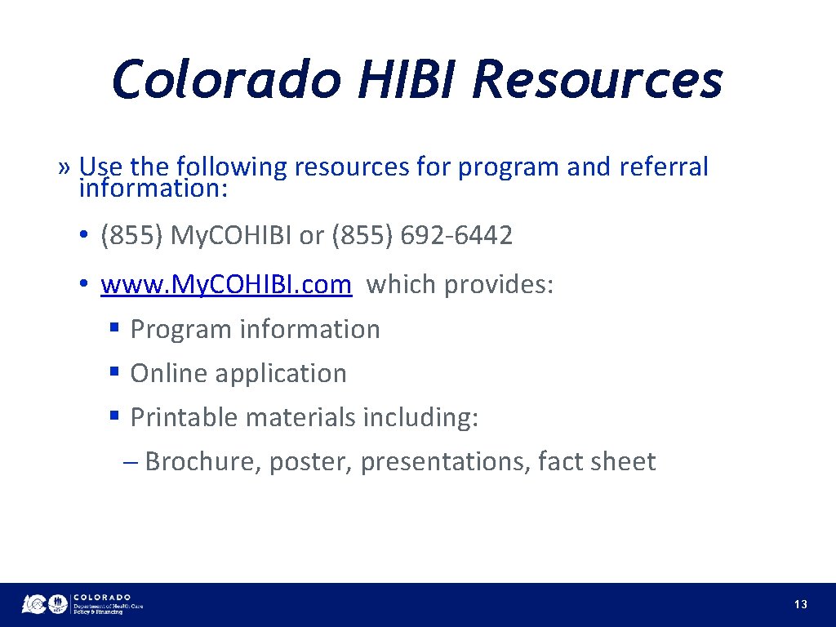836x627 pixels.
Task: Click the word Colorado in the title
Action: pyautogui.click(x=226, y=80)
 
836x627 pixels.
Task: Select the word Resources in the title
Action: pyautogui.click(x=597, y=80)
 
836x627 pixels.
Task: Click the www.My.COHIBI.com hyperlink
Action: pyautogui.click(x=226, y=285)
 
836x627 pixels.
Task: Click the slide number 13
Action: pyautogui.click(x=800, y=604)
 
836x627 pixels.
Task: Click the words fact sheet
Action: pyautogui.click(x=597, y=461)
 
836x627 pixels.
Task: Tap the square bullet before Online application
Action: pyautogui.click(x=115, y=372)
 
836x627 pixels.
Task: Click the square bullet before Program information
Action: pyautogui.click(x=115, y=328)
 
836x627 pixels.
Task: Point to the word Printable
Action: pyautogui.click(x=184, y=417)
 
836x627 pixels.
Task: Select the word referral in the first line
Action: pyautogui.click(x=664, y=167)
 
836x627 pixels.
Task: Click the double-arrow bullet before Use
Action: pyautogui.click(x=65, y=168)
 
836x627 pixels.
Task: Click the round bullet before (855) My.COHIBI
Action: pyautogui.click(x=84, y=237)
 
